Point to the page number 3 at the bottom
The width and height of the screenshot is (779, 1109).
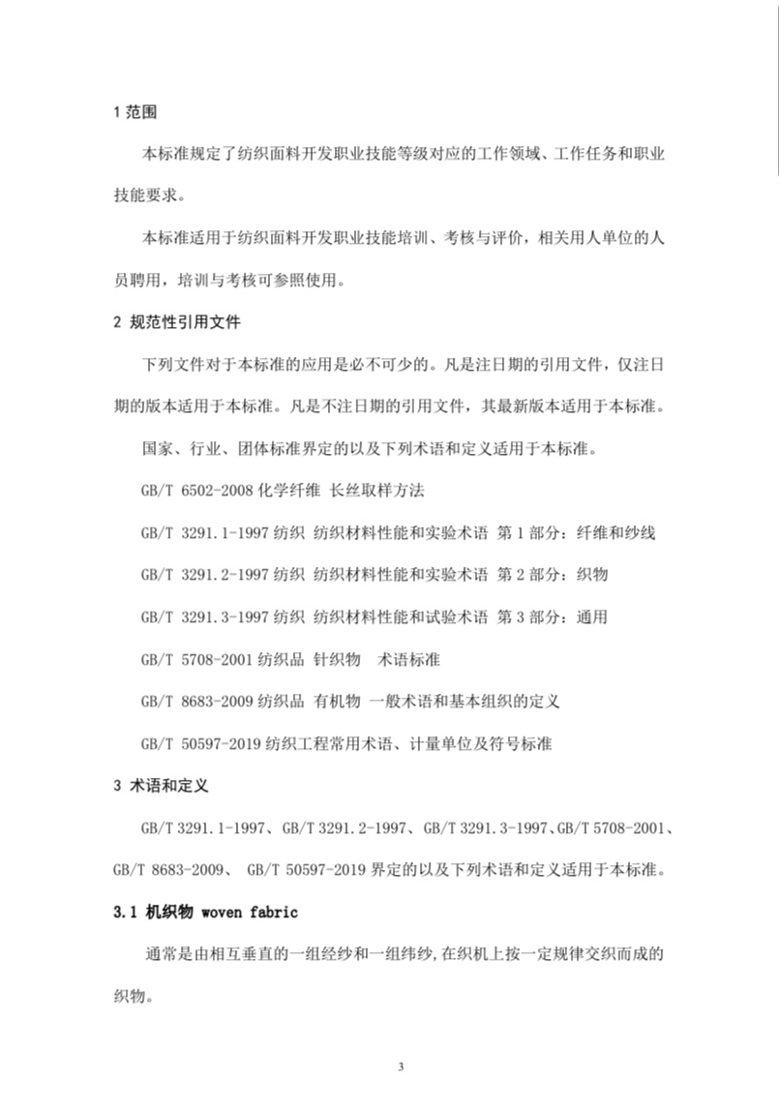coord(399,1065)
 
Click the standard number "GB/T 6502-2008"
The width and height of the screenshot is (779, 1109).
coord(198,490)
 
